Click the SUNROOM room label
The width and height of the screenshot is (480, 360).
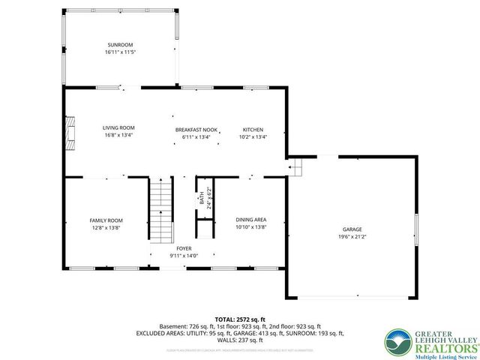pyautogui.click(x=120, y=45)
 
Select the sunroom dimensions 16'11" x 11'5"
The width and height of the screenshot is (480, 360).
pyautogui.click(x=120, y=52)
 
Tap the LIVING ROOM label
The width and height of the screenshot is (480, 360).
pyautogui.click(x=118, y=128)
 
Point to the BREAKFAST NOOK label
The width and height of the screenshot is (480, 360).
pyautogui.click(x=196, y=130)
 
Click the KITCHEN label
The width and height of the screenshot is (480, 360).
pyautogui.click(x=252, y=130)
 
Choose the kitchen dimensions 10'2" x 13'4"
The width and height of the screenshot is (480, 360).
pyautogui.click(x=252, y=137)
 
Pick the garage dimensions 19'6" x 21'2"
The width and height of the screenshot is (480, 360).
pyautogui.click(x=352, y=237)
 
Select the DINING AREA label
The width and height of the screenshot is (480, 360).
pyautogui.click(x=251, y=220)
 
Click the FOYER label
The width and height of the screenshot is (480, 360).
pyautogui.click(x=184, y=248)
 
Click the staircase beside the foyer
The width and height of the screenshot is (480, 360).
pyautogui.click(x=161, y=210)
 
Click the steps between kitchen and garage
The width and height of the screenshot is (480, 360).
pyautogui.click(x=295, y=166)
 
